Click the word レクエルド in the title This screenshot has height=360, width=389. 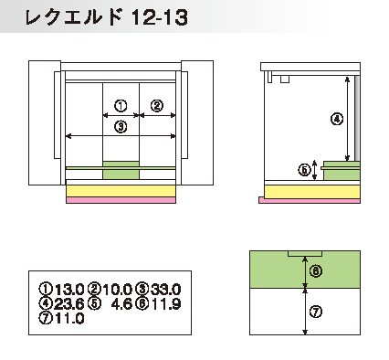tap(73, 17)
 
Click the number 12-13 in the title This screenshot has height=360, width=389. tap(160, 17)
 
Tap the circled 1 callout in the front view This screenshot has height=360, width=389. tap(121, 106)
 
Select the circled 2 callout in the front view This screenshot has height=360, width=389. tap(157, 106)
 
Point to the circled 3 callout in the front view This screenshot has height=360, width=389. tap(121, 126)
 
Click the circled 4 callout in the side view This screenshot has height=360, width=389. tap(337, 119)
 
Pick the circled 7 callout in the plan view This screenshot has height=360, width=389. tap(316, 312)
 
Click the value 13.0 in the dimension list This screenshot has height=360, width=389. tap(69, 289)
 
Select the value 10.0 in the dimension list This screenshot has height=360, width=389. tap(117, 289)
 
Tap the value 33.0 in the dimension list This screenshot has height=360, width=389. tap(165, 289)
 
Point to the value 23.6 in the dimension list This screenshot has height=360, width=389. tap(69, 303)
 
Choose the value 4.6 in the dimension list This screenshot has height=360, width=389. tap(121, 303)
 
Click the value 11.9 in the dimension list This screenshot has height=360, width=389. tap(166, 303)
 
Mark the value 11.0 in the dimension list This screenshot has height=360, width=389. tap(69, 319)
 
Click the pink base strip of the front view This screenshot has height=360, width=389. tap(121, 200)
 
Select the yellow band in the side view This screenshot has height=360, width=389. tap(312, 192)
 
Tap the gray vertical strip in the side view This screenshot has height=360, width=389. tap(357, 118)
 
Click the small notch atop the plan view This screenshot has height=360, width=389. tap(305, 254)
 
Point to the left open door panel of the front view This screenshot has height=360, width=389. tap(45, 122)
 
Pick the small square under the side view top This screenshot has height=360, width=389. tap(284, 79)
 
